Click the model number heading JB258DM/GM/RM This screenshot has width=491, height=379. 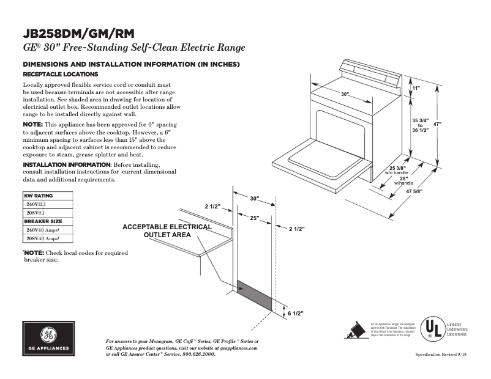pyautogui.click(x=79, y=33)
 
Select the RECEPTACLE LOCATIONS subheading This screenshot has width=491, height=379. pyautogui.click(x=56, y=74)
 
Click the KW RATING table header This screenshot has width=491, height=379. pyautogui.click(x=39, y=196)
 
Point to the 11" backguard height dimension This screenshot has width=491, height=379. pyautogui.click(x=416, y=89)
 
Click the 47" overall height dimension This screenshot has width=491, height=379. pyautogui.click(x=437, y=124)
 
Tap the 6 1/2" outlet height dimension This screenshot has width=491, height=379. pyautogui.click(x=295, y=313)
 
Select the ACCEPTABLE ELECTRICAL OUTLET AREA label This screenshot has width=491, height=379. pyautogui.click(x=167, y=230)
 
